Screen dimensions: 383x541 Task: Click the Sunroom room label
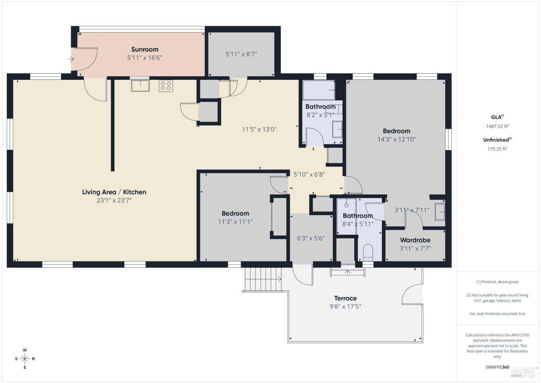pyautogui.click(x=145, y=49)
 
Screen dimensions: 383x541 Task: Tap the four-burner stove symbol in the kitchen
pyautogui.click(x=166, y=86)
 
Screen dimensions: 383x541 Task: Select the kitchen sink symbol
pyautogui.click(x=140, y=86)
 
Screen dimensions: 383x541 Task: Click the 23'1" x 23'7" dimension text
pyautogui.click(x=114, y=200)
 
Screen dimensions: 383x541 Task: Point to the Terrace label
pyautogui.click(x=345, y=298)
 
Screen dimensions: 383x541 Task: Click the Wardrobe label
pyautogui.click(x=415, y=240)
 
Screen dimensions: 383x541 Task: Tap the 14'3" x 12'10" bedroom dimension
pyautogui.click(x=396, y=139)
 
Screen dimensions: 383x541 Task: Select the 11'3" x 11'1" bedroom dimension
pyautogui.click(x=235, y=222)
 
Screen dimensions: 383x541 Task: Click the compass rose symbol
pyautogui.click(x=25, y=358)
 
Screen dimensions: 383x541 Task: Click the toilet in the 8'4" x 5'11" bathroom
pyautogui.click(x=368, y=252)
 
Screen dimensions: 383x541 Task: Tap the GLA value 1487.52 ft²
pyautogui.click(x=497, y=126)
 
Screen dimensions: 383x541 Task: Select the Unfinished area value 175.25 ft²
pyautogui.click(x=497, y=149)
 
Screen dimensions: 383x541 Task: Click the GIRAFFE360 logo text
pyautogui.click(x=497, y=367)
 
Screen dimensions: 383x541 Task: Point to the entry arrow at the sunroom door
pyautogui.click(x=71, y=59)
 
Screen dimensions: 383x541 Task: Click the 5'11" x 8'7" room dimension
pyautogui.click(x=241, y=54)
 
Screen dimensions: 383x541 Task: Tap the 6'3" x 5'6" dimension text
pyautogui.click(x=311, y=238)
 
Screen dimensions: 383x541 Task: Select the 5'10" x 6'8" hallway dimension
pyautogui.click(x=309, y=174)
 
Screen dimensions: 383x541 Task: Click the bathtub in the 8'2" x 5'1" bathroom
pyautogui.click(x=319, y=90)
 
